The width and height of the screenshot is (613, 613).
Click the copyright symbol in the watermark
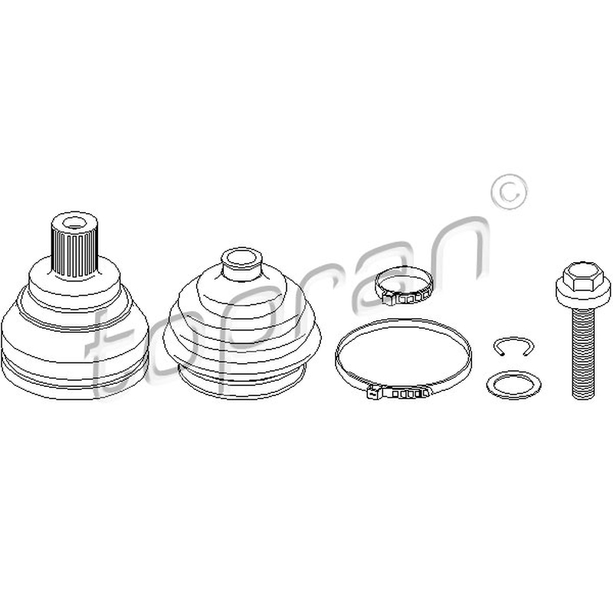(x=509, y=192)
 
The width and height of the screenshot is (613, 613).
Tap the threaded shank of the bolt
(x=582, y=352)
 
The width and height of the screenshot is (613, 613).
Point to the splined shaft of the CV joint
(x=74, y=245)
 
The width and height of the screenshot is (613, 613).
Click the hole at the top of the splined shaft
(x=74, y=223)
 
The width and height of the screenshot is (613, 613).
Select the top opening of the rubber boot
(x=241, y=258)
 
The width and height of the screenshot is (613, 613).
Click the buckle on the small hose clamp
(x=407, y=298)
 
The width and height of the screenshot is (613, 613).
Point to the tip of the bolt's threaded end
(x=582, y=398)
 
